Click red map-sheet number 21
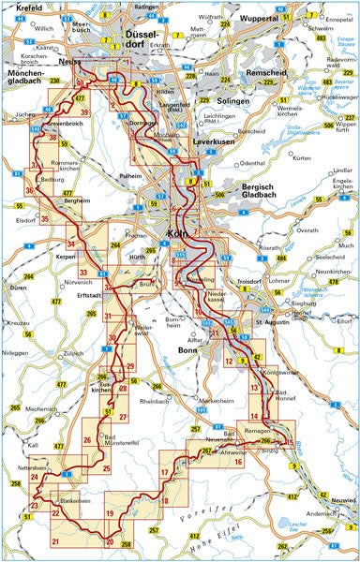pyautogui.click(x=55, y=542)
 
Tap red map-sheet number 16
pyautogui.click(x=238, y=462)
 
